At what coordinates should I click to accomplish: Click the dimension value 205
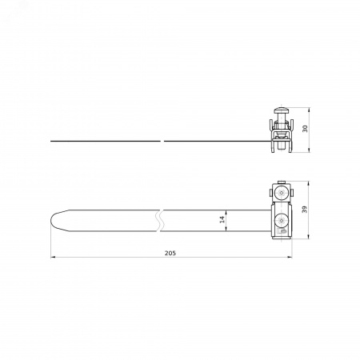pos(170,253)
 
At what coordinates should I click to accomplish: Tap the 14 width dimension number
pos(222,219)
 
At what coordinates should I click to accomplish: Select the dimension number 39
pos(304,210)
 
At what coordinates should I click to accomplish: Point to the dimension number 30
pos(305,129)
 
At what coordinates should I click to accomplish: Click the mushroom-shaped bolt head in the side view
pos(281,110)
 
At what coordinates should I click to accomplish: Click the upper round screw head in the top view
pos(282,192)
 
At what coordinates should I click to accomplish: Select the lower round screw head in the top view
pos(281,220)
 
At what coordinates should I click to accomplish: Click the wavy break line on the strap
pos(161,221)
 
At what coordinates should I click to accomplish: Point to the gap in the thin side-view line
pos(162,141)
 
